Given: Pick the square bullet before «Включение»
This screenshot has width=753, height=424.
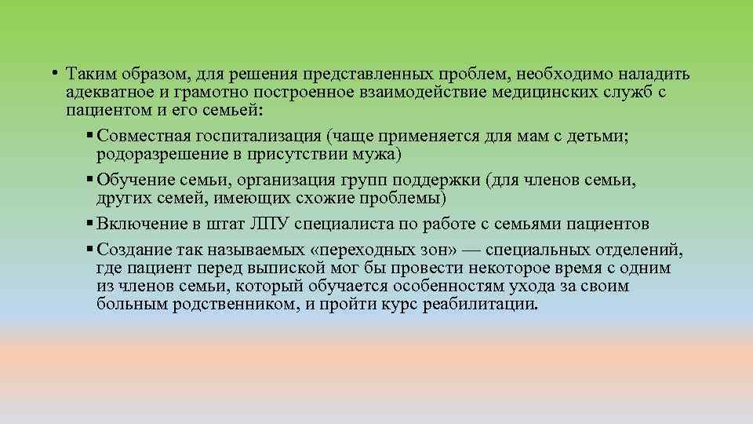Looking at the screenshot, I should pos(91,225).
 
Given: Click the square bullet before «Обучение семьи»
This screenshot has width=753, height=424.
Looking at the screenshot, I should pos(91,180).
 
